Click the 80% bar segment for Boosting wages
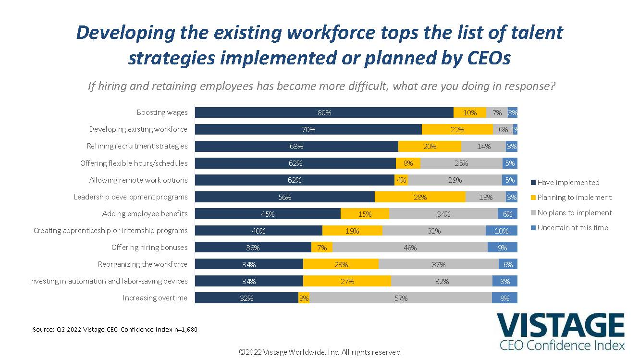click(324, 112)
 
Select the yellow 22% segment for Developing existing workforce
click(457, 129)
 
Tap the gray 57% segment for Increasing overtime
click(401, 298)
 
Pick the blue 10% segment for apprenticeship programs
click(502, 231)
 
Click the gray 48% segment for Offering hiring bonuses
click(410, 248)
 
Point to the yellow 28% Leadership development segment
click(420, 197)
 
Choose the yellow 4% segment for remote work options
click(401, 180)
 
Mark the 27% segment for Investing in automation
click(347, 281)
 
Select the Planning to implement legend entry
click(571, 198)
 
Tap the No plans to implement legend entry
click(571, 213)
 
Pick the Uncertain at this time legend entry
click(569, 228)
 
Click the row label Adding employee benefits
click(145, 214)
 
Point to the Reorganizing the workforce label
click(142, 264)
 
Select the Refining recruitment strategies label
click(137, 146)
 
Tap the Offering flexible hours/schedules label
click(134, 163)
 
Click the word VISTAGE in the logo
click(560, 325)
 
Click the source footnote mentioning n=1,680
click(115, 330)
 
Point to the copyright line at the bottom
click(319, 352)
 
